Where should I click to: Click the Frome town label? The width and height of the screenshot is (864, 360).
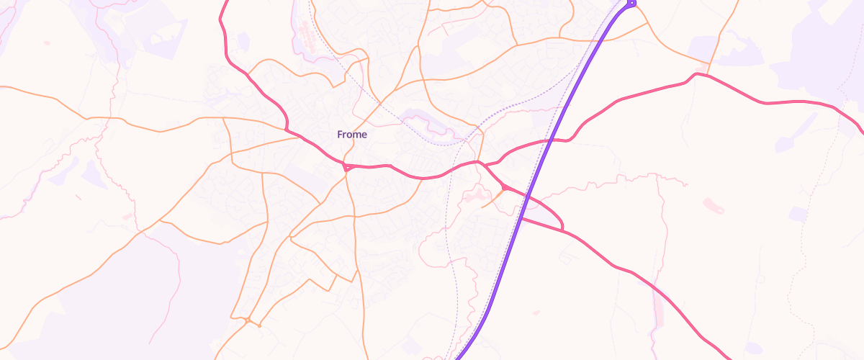click(352, 135)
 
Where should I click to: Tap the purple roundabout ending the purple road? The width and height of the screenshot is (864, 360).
click(631, 4)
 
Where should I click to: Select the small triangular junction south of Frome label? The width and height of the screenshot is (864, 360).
click(347, 168)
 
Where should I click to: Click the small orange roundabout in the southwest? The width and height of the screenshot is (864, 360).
click(247, 319)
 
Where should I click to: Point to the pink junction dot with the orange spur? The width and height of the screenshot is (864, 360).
click(504, 188)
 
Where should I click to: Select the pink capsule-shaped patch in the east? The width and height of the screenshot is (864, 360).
click(714, 206)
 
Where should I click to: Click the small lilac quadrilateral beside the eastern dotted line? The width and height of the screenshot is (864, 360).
click(797, 214)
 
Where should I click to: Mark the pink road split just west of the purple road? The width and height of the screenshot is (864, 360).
click(478, 163)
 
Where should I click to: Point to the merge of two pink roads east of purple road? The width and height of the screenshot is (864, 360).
click(562, 230)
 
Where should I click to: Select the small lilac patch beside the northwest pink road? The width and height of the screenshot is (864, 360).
click(243, 41)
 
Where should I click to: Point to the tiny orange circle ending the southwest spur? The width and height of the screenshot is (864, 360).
click(258, 325)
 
